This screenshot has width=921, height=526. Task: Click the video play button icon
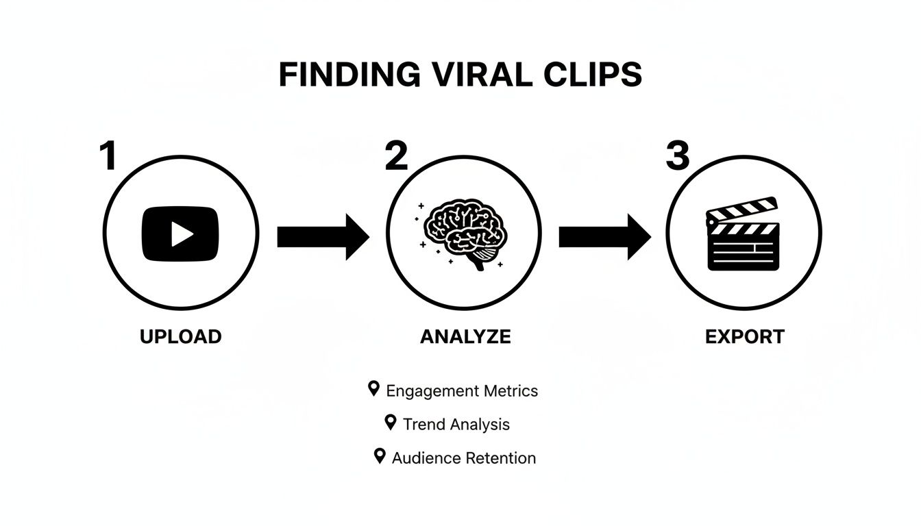pyautogui.click(x=180, y=234)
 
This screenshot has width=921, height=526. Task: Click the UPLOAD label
pyautogui.click(x=180, y=337)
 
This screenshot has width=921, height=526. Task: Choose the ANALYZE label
pyautogui.click(x=465, y=337)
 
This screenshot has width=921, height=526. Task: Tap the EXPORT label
pyautogui.click(x=745, y=337)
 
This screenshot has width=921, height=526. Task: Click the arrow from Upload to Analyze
pyautogui.click(x=322, y=236)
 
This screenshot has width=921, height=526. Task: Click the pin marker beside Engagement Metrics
pyautogui.click(x=373, y=389)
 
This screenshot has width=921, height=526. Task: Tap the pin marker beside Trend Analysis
pyautogui.click(x=391, y=422)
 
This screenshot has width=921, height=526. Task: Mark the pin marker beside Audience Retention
pyautogui.click(x=379, y=455)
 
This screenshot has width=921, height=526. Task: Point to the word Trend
pyautogui.click(x=419, y=425)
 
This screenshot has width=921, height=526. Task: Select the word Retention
pyautogui.click(x=500, y=458)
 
